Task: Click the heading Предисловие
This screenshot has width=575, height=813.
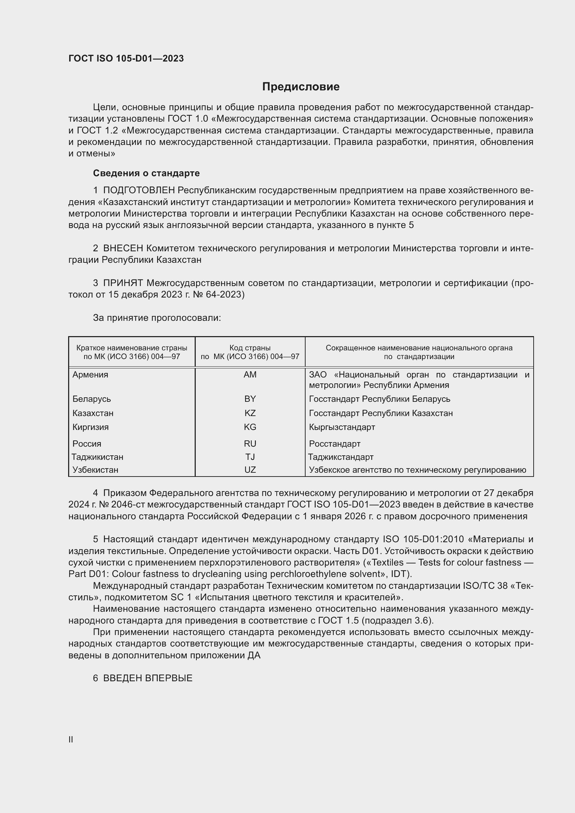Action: tap(301, 87)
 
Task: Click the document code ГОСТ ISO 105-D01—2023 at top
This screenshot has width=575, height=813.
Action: tap(126, 58)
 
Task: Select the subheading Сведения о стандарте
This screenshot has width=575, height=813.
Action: tap(146, 173)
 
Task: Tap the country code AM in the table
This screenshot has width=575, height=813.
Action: tap(250, 375)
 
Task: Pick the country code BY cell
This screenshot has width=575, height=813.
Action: tap(250, 399)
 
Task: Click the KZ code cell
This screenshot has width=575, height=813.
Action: tap(250, 413)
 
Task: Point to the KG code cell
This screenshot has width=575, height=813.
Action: tap(250, 427)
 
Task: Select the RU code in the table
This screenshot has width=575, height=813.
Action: tap(250, 444)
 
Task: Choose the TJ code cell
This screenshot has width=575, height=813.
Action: tap(250, 457)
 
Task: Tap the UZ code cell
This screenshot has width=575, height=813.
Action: tap(250, 470)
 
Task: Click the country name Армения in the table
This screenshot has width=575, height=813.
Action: tap(90, 375)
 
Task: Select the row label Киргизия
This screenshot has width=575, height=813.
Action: tap(91, 427)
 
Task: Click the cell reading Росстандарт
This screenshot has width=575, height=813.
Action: tap(334, 444)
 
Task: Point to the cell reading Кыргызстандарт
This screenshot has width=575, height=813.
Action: tap(342, 427)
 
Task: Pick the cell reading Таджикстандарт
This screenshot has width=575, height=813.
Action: tap(341, 457)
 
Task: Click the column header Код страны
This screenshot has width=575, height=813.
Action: tap(250, 348)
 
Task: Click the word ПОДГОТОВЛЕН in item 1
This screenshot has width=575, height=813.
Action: tap(139, 190)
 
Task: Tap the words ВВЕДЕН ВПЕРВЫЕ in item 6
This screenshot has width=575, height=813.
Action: tap(148, 678)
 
